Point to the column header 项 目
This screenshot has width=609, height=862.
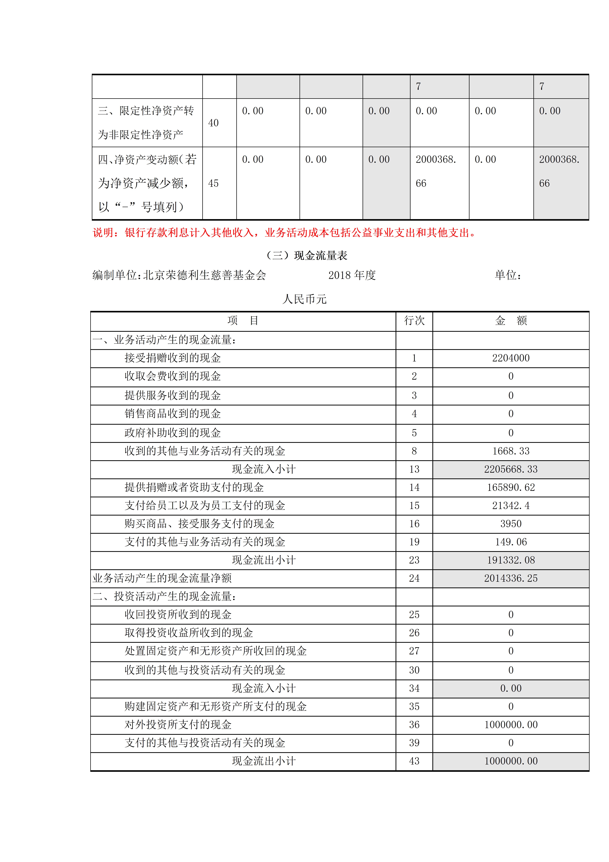[243, 321]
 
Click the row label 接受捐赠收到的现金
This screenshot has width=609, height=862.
[173, 358]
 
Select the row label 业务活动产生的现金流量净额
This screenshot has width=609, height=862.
[162, 578]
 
